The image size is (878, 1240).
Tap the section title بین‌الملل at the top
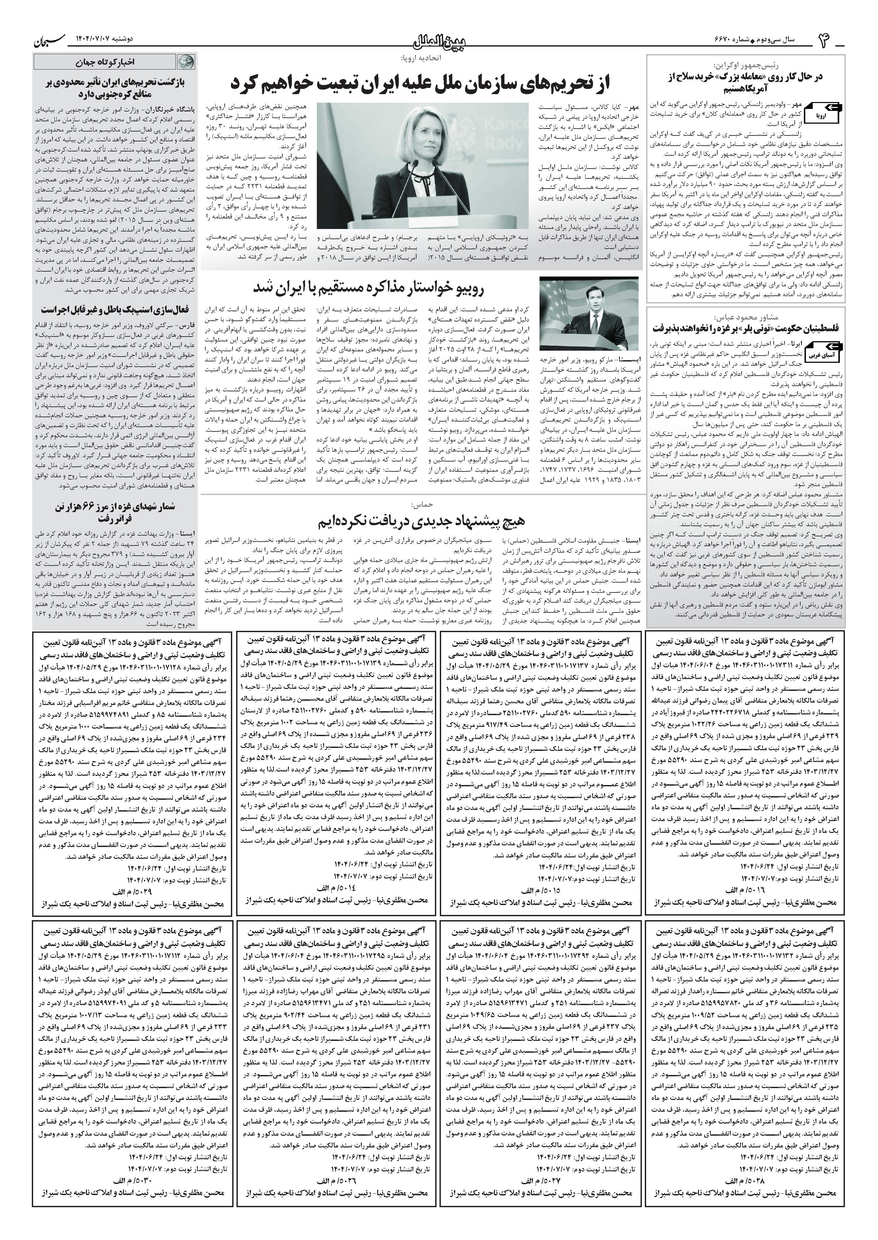[x=439, y=41]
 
